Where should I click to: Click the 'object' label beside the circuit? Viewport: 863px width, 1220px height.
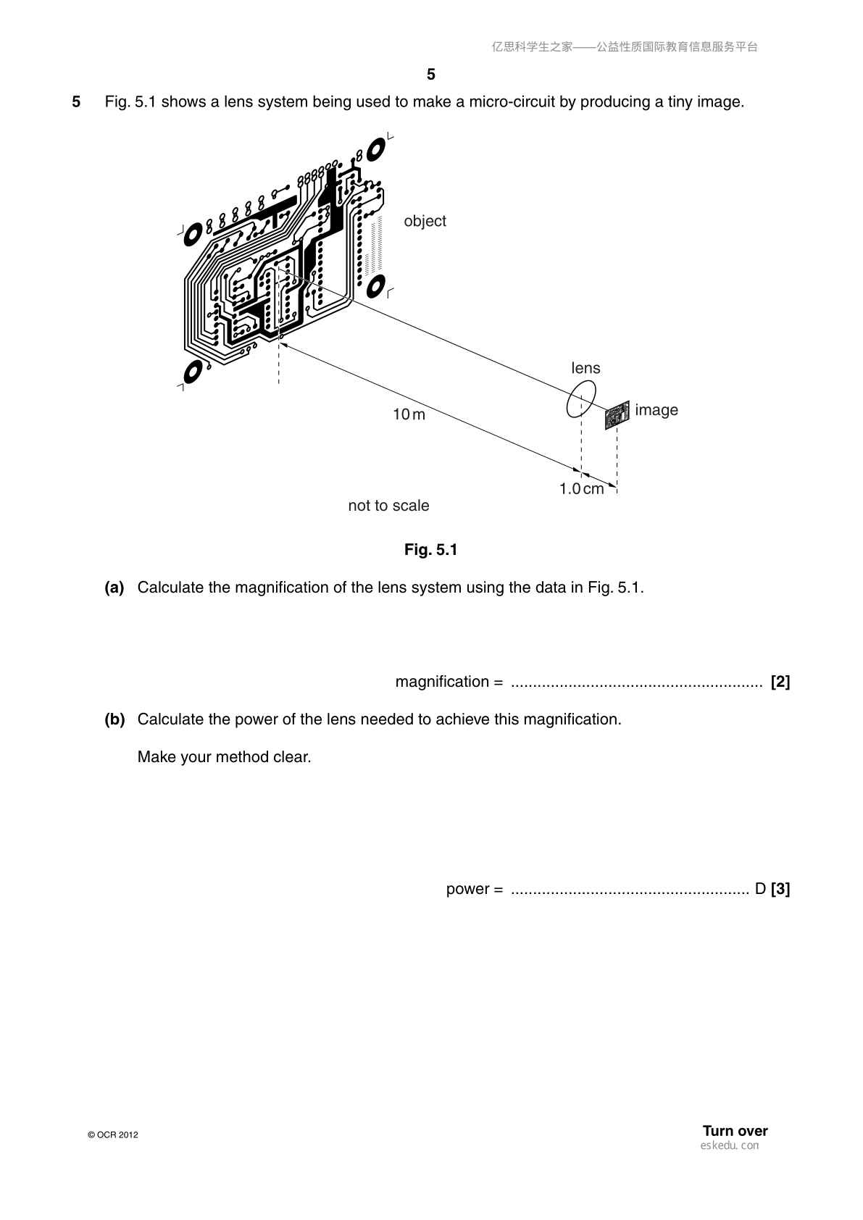point(425,221)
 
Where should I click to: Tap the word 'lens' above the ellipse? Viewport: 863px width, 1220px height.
point(585,368)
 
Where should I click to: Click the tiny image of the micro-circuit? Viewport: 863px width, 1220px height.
point(617,416)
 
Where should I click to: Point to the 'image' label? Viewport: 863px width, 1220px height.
point(656,410)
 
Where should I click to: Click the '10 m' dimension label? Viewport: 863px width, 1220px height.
point(409,414)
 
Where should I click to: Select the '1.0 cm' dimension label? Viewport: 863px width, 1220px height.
point(581,488)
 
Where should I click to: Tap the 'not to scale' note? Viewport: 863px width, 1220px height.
point(388,506)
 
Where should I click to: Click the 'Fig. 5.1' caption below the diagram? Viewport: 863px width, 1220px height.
point(430,550)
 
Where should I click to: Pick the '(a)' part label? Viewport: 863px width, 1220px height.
point(114,587)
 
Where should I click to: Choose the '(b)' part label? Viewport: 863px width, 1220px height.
point(115,719)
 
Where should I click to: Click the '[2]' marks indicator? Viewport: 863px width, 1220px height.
point(780,681)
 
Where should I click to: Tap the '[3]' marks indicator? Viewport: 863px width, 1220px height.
point(780,888)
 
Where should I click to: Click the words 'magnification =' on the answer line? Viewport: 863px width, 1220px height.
point(449,681)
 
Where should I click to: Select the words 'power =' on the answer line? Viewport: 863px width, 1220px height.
point(475,889)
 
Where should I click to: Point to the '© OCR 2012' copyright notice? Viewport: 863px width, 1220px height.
point(113,1135)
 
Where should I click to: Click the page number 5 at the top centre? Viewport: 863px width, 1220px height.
point(431,74)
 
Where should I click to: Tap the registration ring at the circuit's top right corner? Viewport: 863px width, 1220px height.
point(376,149)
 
